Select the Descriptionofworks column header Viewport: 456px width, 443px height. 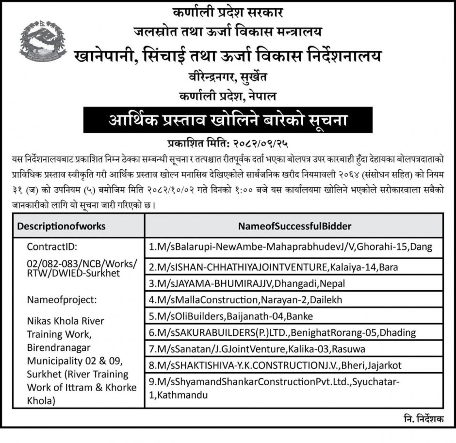pos(62,226)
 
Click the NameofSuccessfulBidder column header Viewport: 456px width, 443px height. pos(294,226)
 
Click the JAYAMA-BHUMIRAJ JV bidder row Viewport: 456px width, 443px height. pos(247,283)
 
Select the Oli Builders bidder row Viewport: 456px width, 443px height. pos(231,316)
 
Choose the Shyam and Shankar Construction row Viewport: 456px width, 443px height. pos(275,389)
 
